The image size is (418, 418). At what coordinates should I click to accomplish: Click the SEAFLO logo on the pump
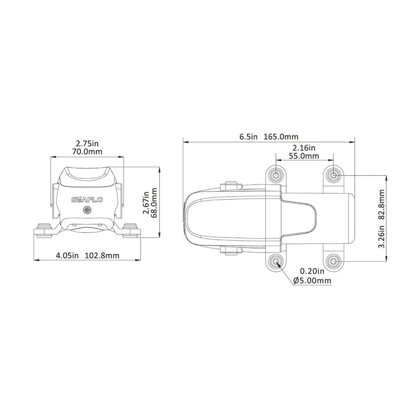coord(87,200)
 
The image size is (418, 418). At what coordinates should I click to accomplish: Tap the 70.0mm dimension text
coord(87,152)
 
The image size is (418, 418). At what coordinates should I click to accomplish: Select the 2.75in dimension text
coord(87,144)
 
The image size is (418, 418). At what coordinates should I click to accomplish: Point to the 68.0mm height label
coord(154,203)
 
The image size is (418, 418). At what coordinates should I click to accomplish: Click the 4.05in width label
coord(67,255)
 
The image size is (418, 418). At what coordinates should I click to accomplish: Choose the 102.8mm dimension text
coord(102,255)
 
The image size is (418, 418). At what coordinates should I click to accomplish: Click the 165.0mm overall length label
coord(281,137)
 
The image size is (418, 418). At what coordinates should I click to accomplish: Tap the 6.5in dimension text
coord(248,137)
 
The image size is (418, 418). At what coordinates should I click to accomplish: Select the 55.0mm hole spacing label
coord(304,156)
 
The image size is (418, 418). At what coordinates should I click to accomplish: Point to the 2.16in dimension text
coord(304,147)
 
